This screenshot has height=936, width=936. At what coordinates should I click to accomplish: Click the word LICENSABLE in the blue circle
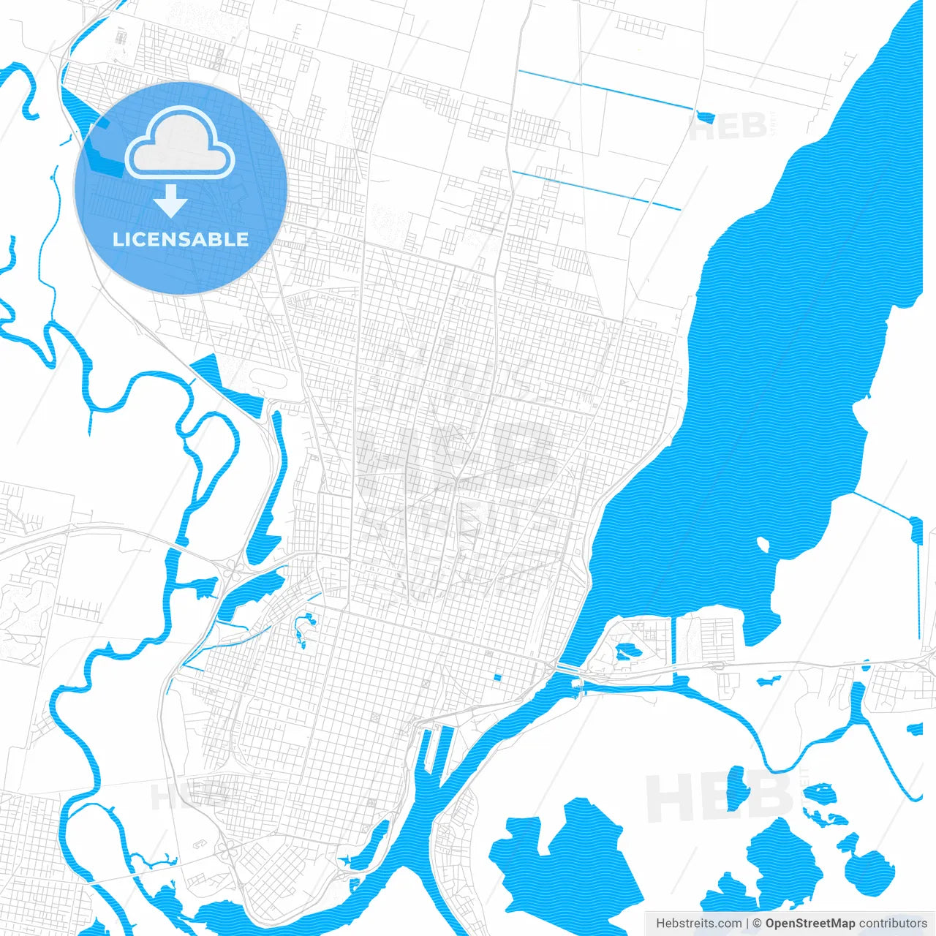tap(181, 239)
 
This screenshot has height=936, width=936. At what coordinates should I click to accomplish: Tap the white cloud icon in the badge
tap(180, 143)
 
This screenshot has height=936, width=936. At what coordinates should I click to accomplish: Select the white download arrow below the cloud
tap(171, 201)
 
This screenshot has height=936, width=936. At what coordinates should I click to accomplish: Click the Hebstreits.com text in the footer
tap(698, 924)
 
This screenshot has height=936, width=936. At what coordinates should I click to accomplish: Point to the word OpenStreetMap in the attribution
tap(810, 924)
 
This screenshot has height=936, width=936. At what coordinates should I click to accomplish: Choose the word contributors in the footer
tap(893, 924)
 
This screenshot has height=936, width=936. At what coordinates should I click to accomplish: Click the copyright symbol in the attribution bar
tap(757, 924)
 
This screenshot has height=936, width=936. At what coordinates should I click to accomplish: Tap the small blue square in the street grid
tap(497, 677)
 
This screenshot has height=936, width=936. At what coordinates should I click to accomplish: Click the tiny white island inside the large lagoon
tap(763, 545)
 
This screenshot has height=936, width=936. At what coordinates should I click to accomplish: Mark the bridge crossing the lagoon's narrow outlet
tap(567, 668)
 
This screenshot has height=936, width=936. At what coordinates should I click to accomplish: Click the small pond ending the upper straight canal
tap(705, 116)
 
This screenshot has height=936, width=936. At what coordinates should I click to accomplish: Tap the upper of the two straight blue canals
tap(607, 91)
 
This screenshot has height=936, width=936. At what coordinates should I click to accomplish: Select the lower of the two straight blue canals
tap(596, 189)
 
